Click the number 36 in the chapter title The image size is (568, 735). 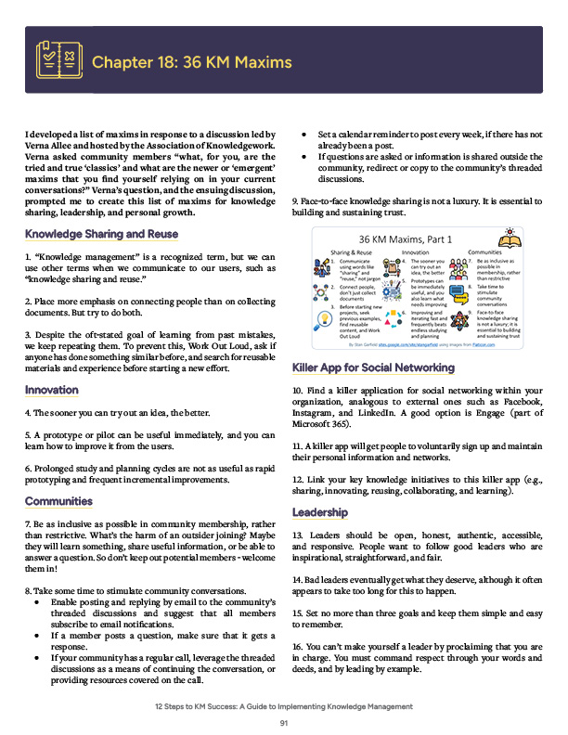pyautogui.click(x=194, y=62)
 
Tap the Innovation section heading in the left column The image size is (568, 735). pyautogui.click(x=52, y=390)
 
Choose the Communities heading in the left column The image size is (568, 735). pyautogui.click(x=58, y=501)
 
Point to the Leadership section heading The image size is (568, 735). pyautogui.click(x=320, y=512)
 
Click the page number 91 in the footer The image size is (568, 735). pyautogui.click(x=284, y=723)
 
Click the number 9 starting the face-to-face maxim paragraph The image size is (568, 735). pyautogui.click(x=295, y=200)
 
